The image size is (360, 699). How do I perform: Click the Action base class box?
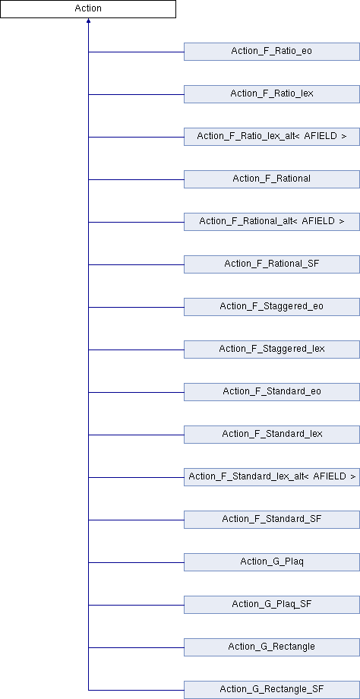[88, 9]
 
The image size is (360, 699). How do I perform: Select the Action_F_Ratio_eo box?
[272, 52]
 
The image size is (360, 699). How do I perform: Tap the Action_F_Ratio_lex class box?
[272, 94]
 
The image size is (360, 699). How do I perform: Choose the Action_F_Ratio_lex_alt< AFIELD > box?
[272, 137]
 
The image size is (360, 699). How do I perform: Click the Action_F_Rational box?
[272, 179]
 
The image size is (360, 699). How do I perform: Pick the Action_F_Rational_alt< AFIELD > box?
[272, 222]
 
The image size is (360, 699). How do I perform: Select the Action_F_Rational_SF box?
[272, 264]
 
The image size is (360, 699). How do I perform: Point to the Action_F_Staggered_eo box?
[272, 307]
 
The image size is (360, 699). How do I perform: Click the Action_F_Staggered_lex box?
[272, 349]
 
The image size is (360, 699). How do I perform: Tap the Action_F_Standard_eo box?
[272, 392]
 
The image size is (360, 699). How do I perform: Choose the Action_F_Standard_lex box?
[272, 435]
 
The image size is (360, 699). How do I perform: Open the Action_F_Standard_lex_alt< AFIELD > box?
[272, 477]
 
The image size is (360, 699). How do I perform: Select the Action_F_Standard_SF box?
[272, 520]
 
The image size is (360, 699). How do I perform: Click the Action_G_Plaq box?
[272, 562]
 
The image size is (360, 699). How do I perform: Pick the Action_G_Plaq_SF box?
[272, 605]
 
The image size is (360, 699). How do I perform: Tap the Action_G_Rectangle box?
[272, 647]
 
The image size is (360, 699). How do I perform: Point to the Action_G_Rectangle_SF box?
[272, 690]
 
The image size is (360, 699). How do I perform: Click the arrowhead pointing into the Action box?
[88, 21]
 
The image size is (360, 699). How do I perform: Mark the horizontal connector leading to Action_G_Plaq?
[137, 562]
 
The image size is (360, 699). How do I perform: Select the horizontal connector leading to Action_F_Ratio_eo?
[137, 52]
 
